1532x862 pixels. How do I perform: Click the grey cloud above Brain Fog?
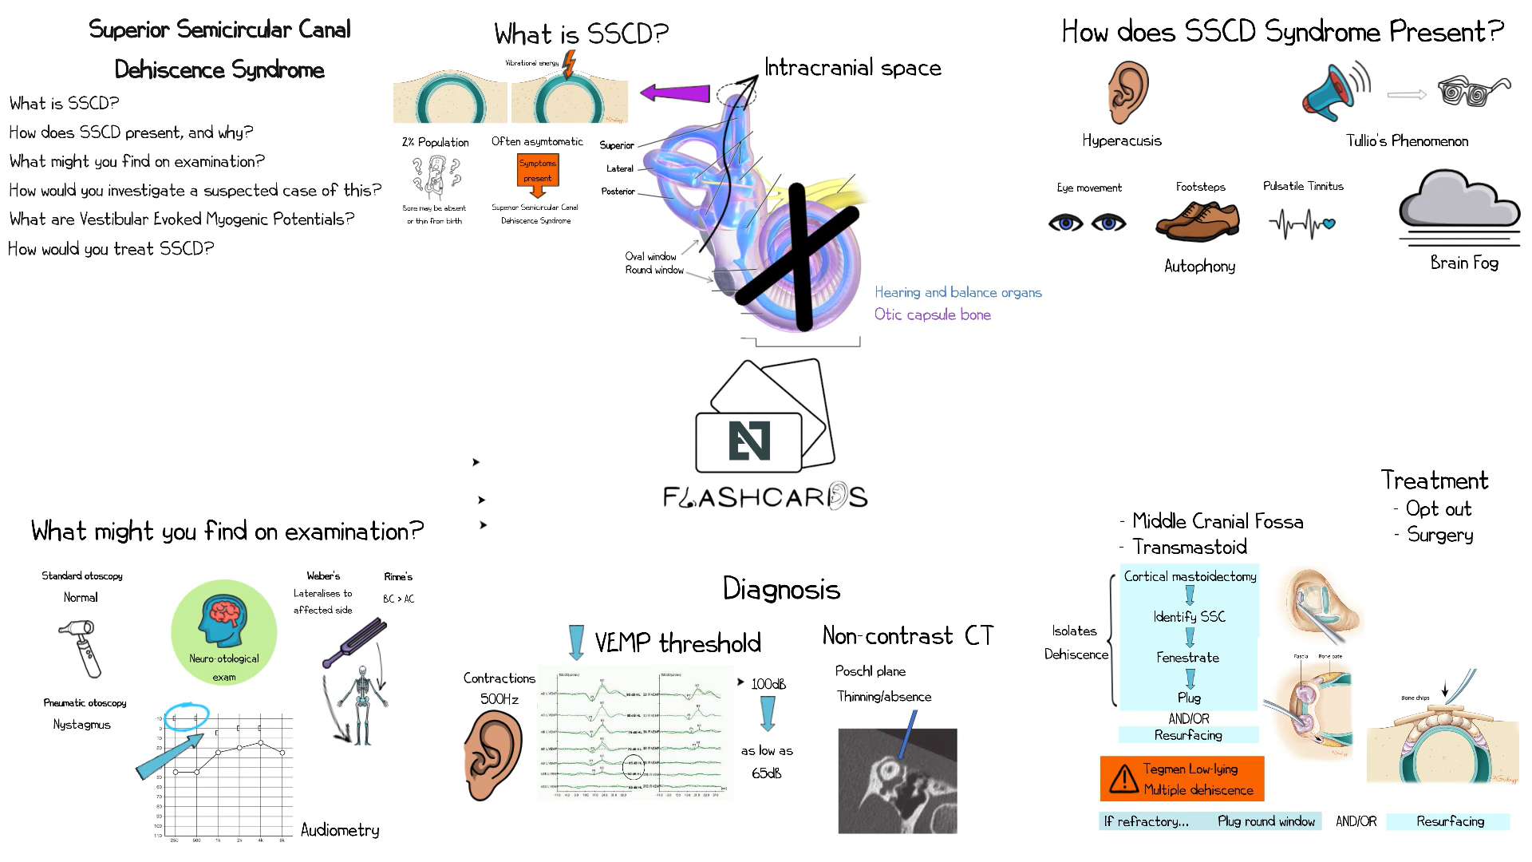point(1459,200)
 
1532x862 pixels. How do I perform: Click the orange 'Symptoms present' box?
point(537,171)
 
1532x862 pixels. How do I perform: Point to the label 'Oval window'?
point(650,256)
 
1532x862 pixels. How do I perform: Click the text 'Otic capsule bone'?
point(932,314)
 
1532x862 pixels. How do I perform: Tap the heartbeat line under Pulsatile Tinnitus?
point(1301,223)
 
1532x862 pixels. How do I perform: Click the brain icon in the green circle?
point(223,620)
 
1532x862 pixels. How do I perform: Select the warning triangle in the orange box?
point(1123,778)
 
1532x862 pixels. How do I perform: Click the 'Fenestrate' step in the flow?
point(1187,658)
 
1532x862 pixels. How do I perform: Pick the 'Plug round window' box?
point(1265,821)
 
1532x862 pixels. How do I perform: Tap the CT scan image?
point(897,781)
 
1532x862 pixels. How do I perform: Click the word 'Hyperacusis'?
point(1121,140)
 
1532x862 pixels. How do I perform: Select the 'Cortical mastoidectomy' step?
point(1190,576)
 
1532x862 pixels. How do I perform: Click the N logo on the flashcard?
point(749,441)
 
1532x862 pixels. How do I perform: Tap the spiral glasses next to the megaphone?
point(1473,92)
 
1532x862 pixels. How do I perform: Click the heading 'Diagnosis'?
point(781,589)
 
